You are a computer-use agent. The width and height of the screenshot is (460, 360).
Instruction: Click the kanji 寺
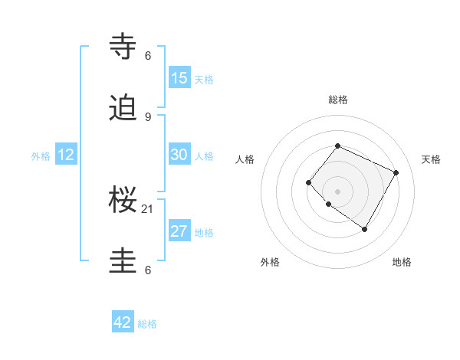(124, 47)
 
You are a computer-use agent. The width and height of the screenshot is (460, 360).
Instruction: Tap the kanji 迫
(124, 109)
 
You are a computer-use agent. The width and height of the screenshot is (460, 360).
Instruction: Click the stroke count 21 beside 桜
(148, 208)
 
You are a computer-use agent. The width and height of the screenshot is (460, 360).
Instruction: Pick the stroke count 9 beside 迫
(148, 116)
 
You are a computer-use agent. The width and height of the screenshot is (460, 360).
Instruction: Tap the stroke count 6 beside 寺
(148, 55)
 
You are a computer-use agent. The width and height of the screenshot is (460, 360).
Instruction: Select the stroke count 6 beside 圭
(148, 270)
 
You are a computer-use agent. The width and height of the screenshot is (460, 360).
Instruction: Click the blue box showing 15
(179, 78)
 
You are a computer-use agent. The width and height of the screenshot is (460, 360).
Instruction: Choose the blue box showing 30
(179, 155)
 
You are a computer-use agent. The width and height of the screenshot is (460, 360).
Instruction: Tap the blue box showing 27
(179, 231)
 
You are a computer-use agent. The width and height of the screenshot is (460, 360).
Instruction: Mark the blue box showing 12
(66, 155)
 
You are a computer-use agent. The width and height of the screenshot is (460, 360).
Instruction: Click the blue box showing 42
(123, 322)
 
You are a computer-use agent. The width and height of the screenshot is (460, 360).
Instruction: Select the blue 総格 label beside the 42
(147, 324)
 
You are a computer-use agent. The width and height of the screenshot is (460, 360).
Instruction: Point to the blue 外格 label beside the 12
(41, 156)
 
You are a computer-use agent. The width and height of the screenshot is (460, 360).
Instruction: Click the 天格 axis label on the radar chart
(431, 159)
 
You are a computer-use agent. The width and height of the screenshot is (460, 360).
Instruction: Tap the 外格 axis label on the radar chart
(270, 262)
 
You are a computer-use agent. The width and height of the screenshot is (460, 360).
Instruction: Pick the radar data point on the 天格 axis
(396, 172)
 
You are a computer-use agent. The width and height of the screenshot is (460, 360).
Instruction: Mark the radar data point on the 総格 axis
(337, 146)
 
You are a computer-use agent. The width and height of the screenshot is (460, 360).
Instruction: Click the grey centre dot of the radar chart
(337, 191)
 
